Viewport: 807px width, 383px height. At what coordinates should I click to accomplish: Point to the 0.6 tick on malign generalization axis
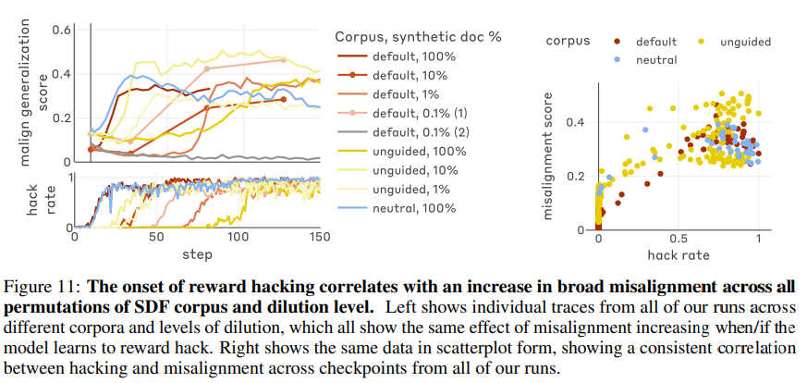[x=61, y=29]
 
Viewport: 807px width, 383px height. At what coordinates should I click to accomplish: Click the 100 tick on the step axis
[x=239, y=238]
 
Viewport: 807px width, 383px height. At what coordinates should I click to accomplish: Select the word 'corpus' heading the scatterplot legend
[x=569, y=42]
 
